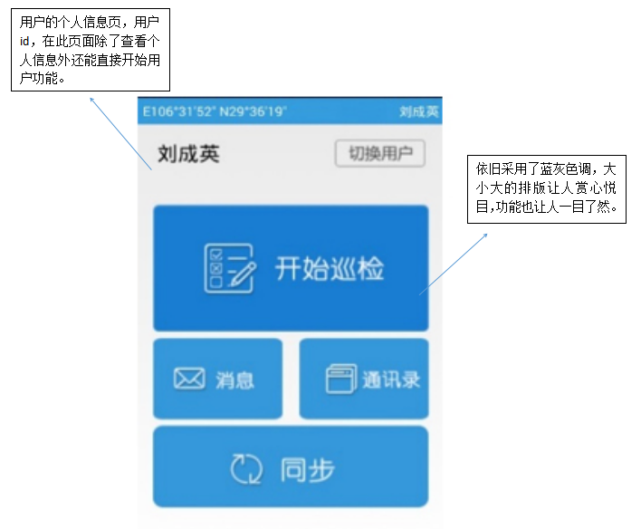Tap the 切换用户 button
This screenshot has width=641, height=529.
coord(380,153)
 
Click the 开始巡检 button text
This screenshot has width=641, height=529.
coord(330,269)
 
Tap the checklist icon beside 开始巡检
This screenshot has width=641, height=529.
coord(225,268)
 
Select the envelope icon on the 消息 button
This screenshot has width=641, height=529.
coord(189,379)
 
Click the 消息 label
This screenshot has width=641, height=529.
coord(234,380)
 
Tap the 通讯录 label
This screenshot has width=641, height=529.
coord(391,380)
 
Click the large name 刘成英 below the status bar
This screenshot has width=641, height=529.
coord(188,154)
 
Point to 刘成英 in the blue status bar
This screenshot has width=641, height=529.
coord(419,111)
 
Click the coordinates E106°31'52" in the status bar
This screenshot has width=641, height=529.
coord(177,111)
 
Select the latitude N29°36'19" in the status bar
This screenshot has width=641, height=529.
coord(253,111)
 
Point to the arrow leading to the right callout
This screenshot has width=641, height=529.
coord(453,263)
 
